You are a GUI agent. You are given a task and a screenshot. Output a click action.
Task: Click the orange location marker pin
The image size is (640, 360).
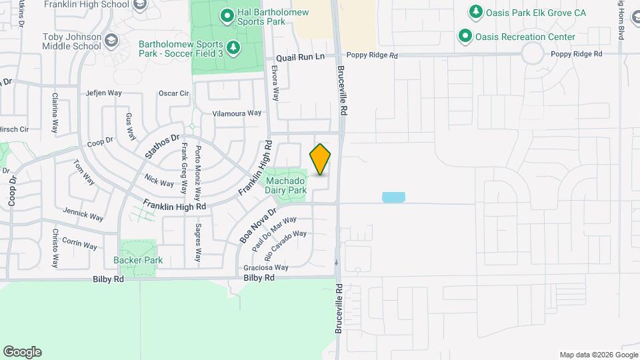(320, 159)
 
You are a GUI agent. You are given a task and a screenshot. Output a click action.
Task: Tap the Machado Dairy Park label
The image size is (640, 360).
(286, 185)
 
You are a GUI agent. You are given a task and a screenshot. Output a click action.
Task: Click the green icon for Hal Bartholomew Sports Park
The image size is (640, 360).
(227, 13)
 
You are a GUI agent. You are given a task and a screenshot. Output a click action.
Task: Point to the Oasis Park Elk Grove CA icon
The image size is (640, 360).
(475, 12)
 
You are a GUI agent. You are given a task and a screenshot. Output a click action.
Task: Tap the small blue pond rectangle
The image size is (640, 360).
(393, 197)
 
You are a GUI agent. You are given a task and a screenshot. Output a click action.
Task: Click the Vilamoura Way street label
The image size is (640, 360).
(237, 113)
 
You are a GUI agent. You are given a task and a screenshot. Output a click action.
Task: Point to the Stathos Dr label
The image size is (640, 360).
(163, 147)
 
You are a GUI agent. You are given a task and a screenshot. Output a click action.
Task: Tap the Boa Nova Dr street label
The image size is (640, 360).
(257, 226)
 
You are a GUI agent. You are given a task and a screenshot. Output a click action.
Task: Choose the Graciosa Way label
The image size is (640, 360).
(267, 267)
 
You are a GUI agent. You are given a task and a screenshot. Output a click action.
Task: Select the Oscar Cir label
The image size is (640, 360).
(174, 93)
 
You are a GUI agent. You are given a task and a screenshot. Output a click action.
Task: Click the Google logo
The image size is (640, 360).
(22, 352)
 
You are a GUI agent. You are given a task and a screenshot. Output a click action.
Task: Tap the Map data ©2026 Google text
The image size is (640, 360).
(598, 355)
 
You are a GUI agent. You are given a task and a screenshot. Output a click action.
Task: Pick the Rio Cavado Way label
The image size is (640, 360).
(285, 245)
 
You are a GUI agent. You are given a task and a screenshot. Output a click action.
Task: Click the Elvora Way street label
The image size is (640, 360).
(275, 82)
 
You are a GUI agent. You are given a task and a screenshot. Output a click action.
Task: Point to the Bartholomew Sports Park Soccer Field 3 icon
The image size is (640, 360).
(233, 47)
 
